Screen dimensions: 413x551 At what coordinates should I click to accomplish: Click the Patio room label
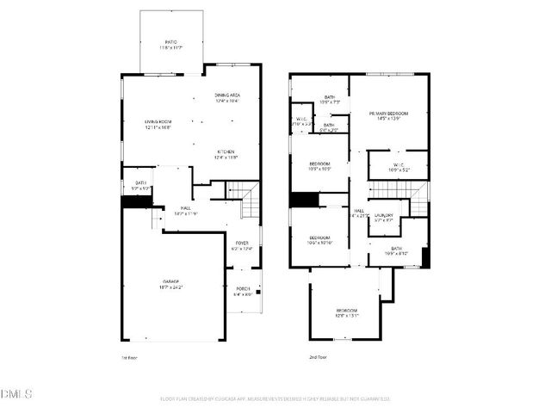171,44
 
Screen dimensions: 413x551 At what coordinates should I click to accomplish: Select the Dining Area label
227,98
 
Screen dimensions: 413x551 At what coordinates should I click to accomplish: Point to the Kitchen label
226,155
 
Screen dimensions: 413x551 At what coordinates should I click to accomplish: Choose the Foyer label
242,245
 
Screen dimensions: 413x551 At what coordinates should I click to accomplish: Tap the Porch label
242,291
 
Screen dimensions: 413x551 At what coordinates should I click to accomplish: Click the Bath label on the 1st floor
140,185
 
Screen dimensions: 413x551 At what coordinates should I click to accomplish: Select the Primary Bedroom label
387,116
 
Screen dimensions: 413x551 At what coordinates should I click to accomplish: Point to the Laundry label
383,218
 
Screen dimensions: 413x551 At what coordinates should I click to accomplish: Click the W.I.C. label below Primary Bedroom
387,168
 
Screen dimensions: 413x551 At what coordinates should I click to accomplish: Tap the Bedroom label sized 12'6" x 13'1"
347,312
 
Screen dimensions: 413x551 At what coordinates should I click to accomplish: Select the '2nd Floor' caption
318,356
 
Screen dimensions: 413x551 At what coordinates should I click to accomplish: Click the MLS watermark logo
17,395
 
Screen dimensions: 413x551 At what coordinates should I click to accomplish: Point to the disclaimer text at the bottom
275,398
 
